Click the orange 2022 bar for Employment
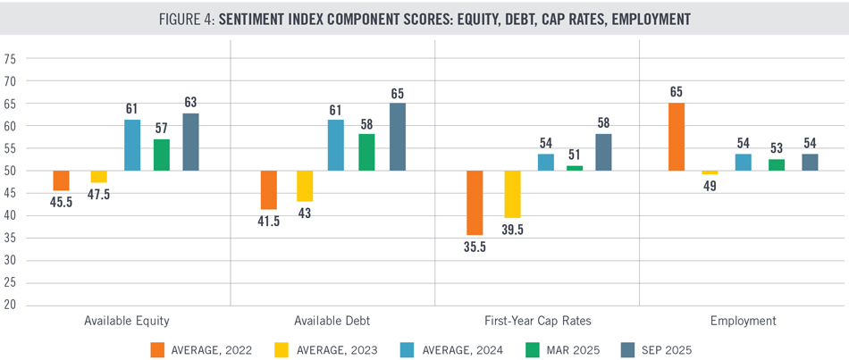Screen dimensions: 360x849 pyautogui.click(x=677, y=137)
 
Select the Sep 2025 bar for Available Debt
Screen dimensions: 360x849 pyautogui.click(x=398, y=137)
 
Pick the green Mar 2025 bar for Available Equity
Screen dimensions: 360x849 pyautogui.click(x=162, y=155)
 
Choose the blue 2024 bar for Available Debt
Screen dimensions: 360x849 pyautogui.click(x=336, y=145)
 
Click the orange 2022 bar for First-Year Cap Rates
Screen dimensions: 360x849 pyautogui.click(x=475, y=203)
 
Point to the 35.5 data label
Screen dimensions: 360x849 pyautogui.click(x=475, y=247)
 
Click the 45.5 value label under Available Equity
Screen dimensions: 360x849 pyautogui.click(x=61, y=203)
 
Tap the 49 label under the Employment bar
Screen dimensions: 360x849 pyautogui.click(x=710, y=185)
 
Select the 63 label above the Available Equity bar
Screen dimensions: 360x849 pyautogui.click(x=190, y=102)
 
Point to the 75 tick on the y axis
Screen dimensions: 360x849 pyautogui.click(x=11, y=59)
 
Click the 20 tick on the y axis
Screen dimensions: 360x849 pyautogui.click(x=11, y=306)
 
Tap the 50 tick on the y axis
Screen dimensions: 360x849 pyautogui.click(x=11, y=171)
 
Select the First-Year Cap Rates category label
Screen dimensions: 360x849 pyautogui.click(x=538, y=321)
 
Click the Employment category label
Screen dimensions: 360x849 pyautogui.click(x=743, y=321)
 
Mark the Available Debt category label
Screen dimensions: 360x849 pyautogui.click(x=333, y=321)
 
